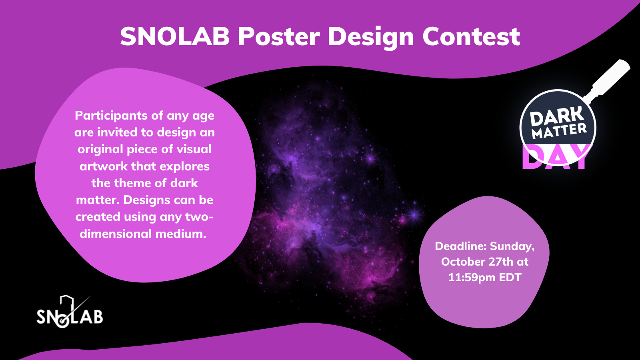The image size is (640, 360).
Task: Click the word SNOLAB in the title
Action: [175, 36]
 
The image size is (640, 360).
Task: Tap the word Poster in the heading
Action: [279, 36]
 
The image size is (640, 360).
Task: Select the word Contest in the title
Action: [471, 36]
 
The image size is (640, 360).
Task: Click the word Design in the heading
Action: [371, 38]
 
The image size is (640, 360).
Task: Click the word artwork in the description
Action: [104, 166]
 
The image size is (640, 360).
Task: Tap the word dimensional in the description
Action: [116, 234]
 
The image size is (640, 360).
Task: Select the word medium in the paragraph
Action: [180, 234]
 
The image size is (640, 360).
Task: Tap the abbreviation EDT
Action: [510, 278]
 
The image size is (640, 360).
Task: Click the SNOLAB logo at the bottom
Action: [70, 312]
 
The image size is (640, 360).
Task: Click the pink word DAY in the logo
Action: [556, 157]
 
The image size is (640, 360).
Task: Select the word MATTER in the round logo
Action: [560, 131]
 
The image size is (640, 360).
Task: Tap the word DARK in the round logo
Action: [557, 116]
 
